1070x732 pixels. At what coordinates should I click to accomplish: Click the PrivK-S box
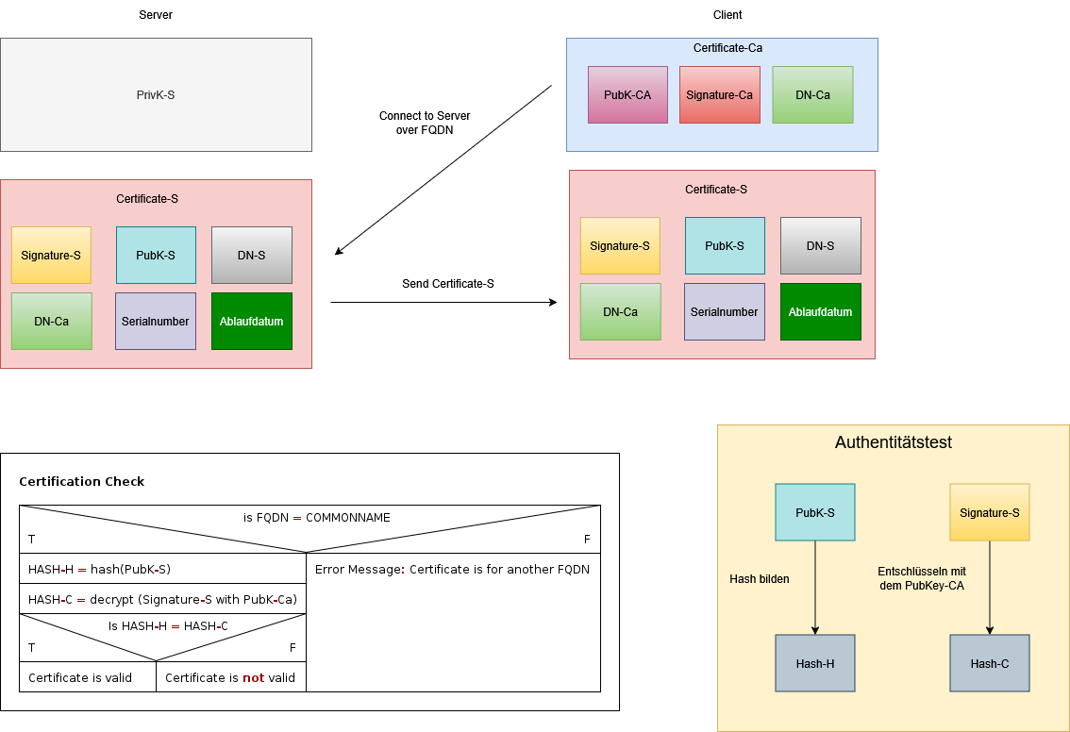(156, 95)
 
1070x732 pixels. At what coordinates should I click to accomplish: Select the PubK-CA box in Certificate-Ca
(627, 94)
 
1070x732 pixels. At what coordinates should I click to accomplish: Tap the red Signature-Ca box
(719, 94)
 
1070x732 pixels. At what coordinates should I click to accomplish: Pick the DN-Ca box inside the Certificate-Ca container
(812, 94)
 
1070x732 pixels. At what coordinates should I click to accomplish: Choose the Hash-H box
(815, 663)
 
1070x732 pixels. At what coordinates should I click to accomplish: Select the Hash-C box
(989, 663)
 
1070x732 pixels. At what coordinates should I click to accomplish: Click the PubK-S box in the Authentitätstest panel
(815, 512)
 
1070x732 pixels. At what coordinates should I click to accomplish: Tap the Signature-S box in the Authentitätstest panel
(989, 512)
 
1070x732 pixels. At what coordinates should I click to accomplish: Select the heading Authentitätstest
(893, 442)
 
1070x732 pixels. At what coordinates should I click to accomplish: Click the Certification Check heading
(82, 481)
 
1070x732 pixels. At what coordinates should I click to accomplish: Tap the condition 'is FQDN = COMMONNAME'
(316, 518)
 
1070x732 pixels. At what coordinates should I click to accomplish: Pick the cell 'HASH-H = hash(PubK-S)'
(99, 569)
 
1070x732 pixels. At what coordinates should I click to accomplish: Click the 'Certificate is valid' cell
(80, 677)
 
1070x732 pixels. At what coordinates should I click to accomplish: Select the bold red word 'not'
(253, 677)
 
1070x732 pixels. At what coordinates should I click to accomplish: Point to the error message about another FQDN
(452, 569)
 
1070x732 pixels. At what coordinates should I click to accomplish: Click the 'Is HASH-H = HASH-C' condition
(168, 626)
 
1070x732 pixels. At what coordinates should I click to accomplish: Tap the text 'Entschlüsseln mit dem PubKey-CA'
(921, 578)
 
